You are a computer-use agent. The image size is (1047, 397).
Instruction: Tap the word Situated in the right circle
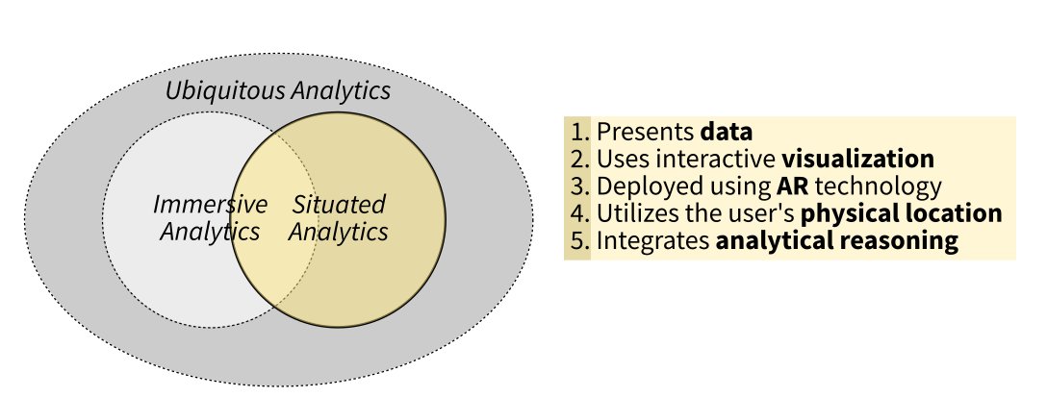pyautogui.click(x=338, y=205)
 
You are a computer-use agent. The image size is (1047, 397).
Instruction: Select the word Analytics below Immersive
pyautogui.click(x=210, y=232)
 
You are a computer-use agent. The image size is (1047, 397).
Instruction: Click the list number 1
pyautogui.click(x=577, y=132)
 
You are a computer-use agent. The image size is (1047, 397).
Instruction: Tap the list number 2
pyautogui.click(x=577, y=159)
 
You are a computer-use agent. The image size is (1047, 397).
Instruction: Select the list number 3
pyautogui.click(x=577, y=186)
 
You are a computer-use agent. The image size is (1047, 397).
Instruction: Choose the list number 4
pyautogui.click(x=577, y=212)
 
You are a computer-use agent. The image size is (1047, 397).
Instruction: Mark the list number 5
pyautogui.click(x=577, y=240)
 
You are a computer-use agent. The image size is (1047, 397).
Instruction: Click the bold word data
pyautogui.click(x=727, y=132)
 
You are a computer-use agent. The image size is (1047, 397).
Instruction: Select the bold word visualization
pyautogui.click(x=857, y=159)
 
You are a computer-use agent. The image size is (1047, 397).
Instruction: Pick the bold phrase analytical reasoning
pyautogui.click(x=837, y=240)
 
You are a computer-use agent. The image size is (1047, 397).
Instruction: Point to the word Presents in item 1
pyautogui.click(x=645, y=132)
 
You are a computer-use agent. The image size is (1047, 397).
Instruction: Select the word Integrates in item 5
pyautogui.click(x=653, y=240)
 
